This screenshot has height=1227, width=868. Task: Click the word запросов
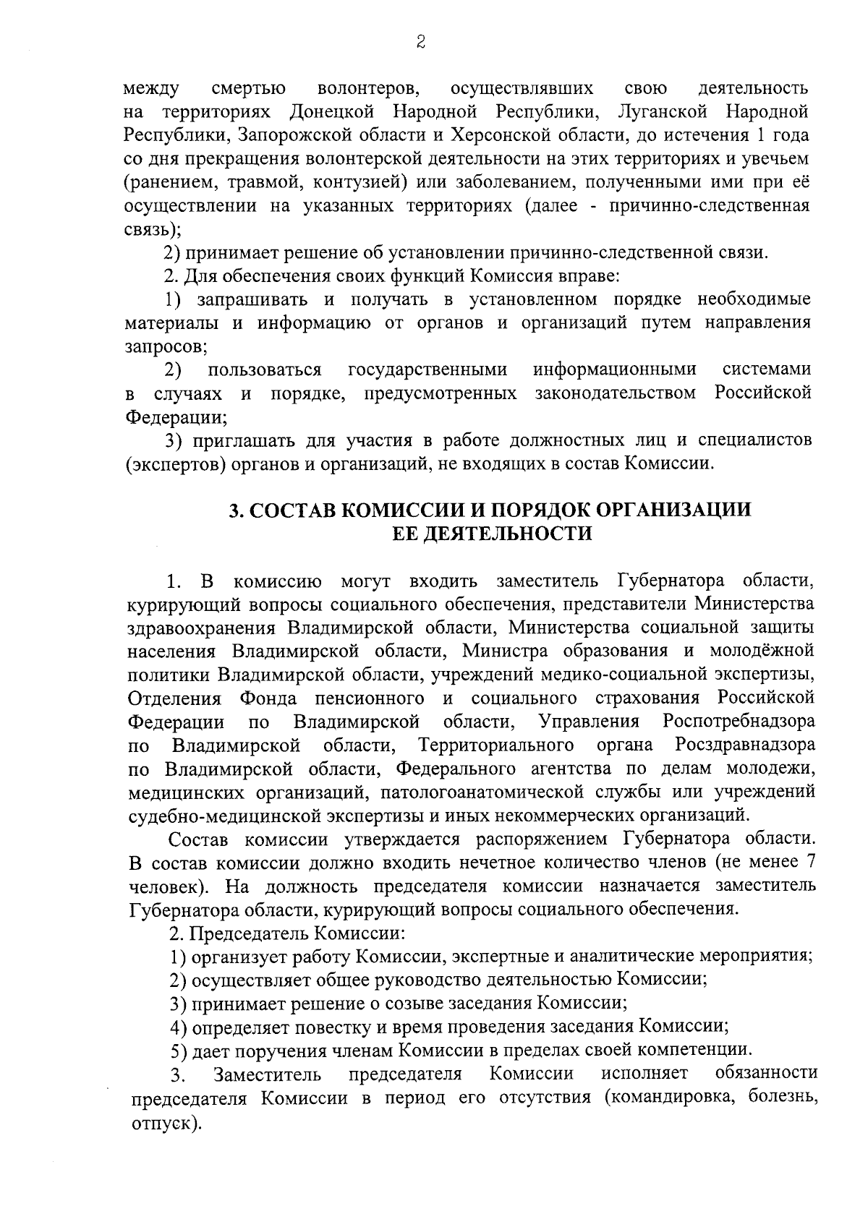click(x=165, y=346)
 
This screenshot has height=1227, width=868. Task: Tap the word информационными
click(x=615, y=370)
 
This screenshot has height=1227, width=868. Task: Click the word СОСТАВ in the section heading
click(x=292, y=510)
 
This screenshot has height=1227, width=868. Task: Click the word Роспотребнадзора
click(x=739, y=722)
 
